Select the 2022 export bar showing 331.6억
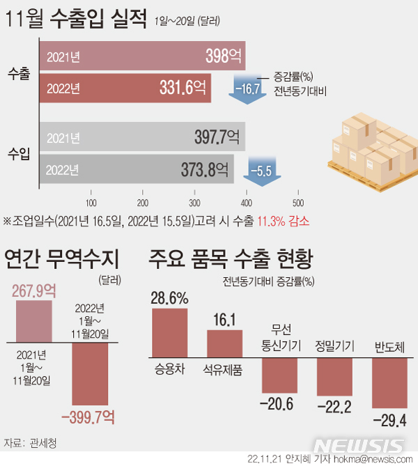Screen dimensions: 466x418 click(125, 88)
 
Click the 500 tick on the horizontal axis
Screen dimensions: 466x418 click(297, 203)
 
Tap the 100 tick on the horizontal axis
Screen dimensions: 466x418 click(91, 203)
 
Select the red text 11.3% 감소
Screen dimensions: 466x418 click(284, 221)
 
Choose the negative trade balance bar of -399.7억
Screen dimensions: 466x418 click(91, 376)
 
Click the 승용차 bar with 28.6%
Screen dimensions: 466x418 click(169, 334)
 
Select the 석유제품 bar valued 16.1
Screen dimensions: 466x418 click(224, 343)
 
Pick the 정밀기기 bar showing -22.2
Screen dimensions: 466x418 click(334, 375)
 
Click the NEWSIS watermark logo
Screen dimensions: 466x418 click(358, 445)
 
